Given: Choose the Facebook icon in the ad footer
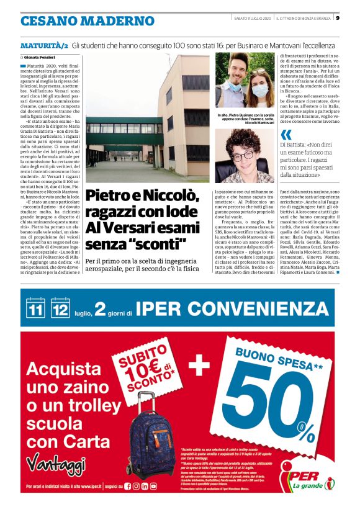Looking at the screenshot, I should (x=128, y=487).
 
